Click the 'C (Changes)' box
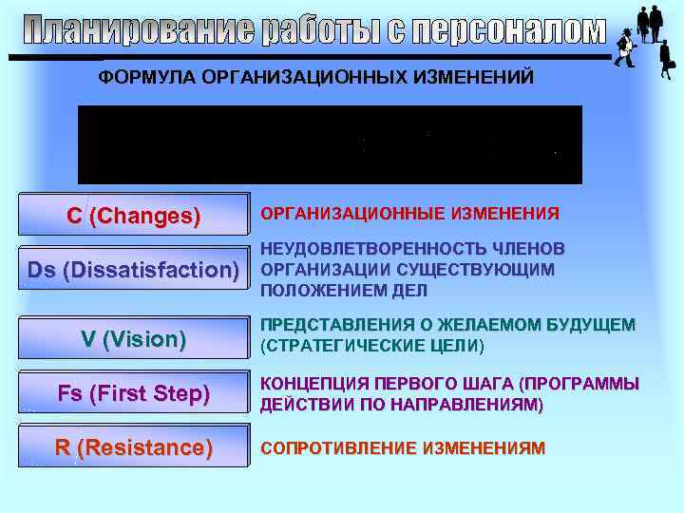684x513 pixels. (x=133, y=216)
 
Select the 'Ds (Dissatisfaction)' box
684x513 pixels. (x=133, y=270)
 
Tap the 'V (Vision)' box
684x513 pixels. (x=133, y=339)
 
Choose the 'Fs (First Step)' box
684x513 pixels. (x=133, y=393)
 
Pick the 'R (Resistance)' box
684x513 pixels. (x=133, y=447)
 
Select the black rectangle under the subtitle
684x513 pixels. (x=330, y=144)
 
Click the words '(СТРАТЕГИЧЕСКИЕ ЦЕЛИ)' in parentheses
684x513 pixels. (x=371, y=346)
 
